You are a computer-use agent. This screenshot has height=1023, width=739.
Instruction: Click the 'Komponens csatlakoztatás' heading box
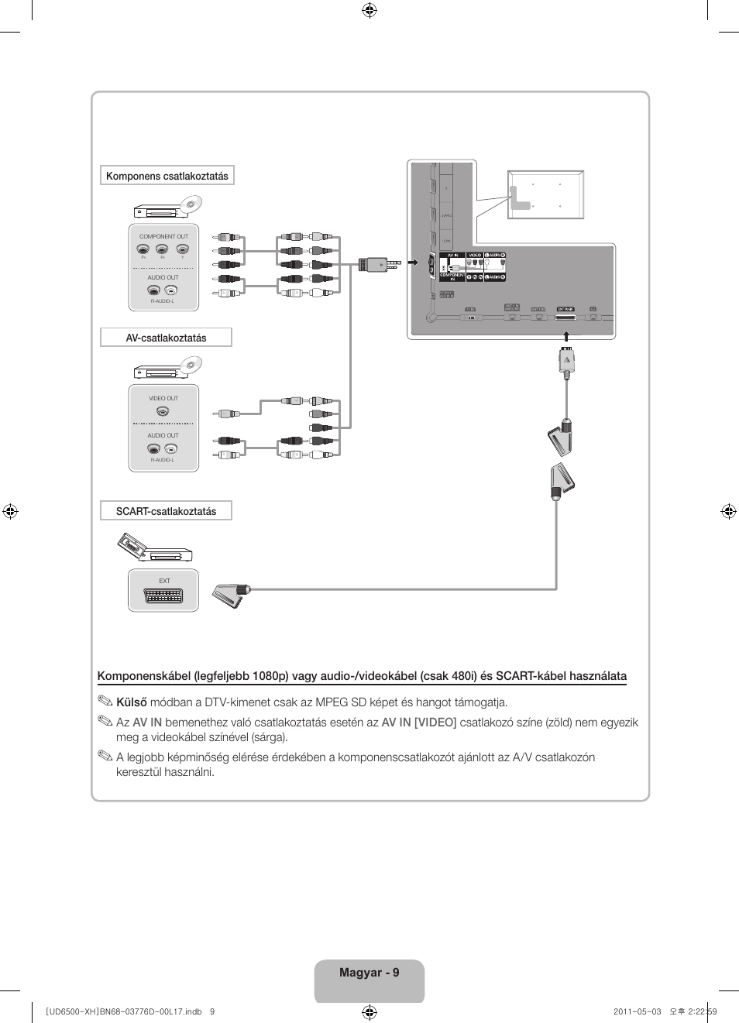[167, 176]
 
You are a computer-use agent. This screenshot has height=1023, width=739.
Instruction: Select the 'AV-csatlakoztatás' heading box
[166, 338]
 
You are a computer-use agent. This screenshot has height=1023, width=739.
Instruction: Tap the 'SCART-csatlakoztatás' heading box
[166, 511]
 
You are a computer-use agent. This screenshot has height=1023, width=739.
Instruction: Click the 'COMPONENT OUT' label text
[163, 236]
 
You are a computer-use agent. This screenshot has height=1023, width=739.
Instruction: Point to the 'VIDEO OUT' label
[163, 398]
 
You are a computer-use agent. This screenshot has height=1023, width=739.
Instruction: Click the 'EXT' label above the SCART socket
[164, 581]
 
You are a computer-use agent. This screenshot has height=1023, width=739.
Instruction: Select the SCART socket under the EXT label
[163, 596]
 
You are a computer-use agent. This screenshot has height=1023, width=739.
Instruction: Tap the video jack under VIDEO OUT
[163, 412]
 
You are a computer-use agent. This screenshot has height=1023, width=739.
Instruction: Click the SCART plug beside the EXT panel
[231, 594]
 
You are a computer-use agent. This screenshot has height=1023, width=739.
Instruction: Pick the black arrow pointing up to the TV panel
[566, 336]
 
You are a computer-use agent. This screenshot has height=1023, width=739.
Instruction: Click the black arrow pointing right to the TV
[413, 263]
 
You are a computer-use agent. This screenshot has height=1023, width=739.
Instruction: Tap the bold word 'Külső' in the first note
[132, 702]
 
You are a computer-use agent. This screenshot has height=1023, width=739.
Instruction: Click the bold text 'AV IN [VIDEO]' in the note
[418, 723]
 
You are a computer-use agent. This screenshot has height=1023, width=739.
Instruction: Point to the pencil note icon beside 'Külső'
[105, 702]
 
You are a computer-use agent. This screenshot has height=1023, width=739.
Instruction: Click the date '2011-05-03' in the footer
[637, 1011]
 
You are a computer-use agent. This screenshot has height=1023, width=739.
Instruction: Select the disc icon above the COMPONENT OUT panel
[190, 205]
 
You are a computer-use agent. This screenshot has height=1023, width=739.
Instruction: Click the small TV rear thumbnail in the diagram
[545, 194]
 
